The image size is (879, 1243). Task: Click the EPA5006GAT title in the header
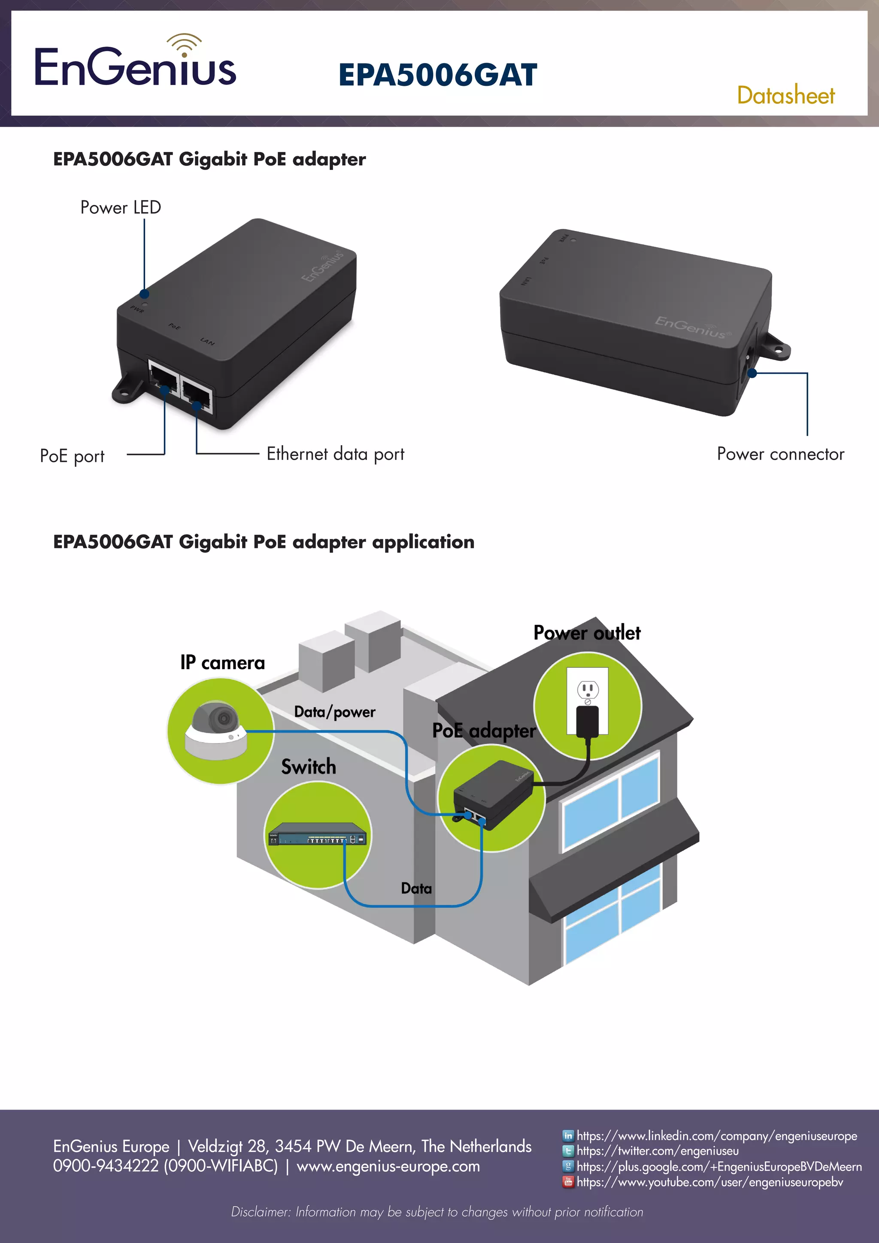(437, 75)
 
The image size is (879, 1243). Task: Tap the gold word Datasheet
(785, 96)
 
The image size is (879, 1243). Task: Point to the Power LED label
(120, 207)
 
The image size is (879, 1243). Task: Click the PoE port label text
(72, 456)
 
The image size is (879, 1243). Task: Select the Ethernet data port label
(335, 454)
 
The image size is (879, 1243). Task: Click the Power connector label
(780, 454)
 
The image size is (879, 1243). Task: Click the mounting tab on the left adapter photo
(126, 391)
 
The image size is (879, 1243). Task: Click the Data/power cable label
(334, 712)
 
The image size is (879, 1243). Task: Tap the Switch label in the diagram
(309, 767)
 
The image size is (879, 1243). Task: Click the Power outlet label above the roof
(587, 632)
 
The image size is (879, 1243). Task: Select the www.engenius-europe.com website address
(388, 1166)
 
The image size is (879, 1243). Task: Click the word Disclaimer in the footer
(261, 1212)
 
